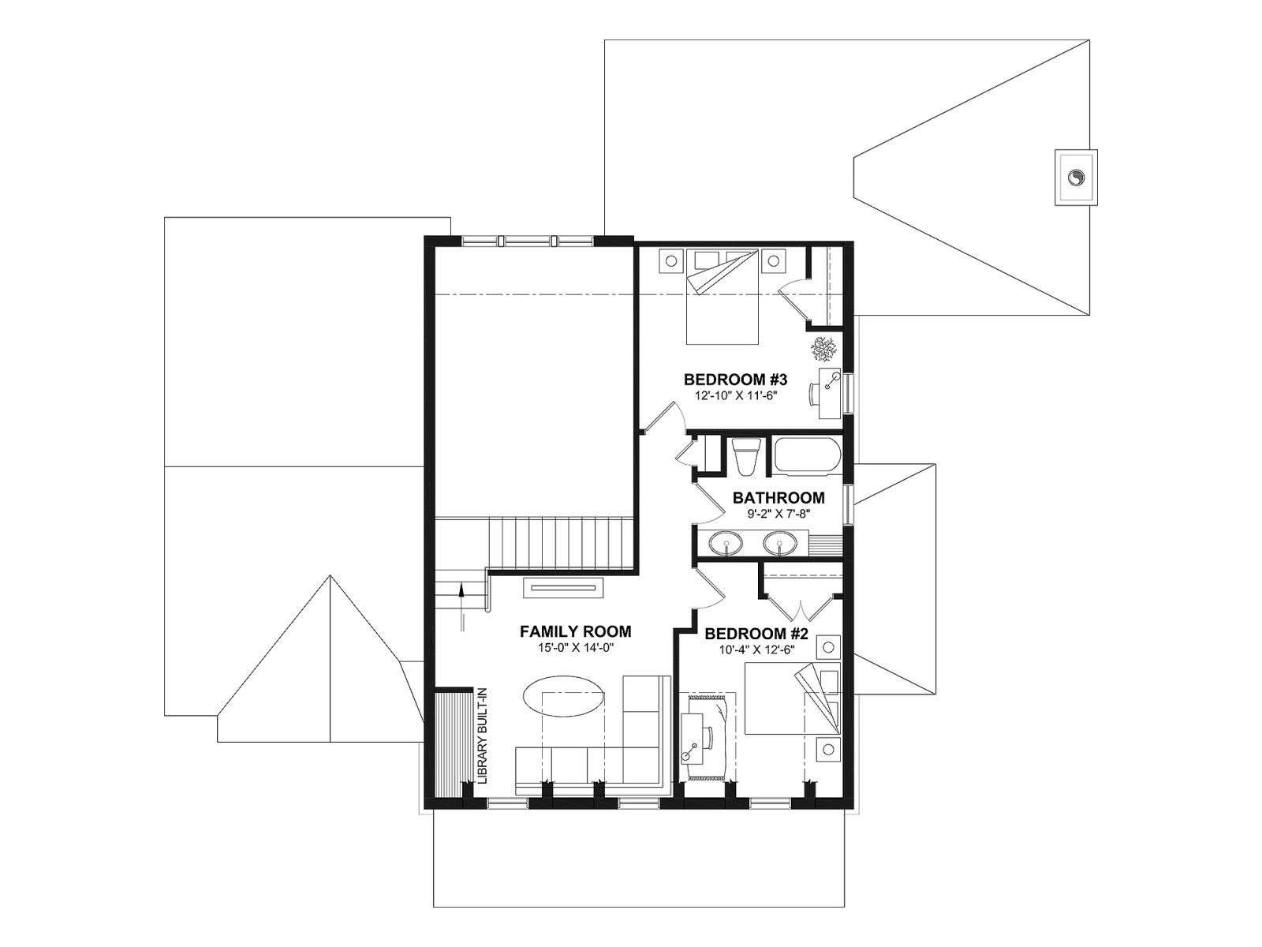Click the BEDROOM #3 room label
point(735,380)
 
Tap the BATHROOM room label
point(778,498)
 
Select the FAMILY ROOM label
point(576,632)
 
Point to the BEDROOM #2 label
point(756,634)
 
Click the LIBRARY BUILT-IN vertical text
point(483,736)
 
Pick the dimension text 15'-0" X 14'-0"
point(576,648)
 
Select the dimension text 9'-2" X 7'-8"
point(778,514)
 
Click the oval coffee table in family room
point(563,696)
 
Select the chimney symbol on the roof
point(1075,177)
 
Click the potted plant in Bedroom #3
point(823,349)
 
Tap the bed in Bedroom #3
point(722,297)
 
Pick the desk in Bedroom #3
point(828,393)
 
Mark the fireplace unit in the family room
point(563,588)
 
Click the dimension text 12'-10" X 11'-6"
point(735,395)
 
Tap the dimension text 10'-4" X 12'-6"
point(756,649)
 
